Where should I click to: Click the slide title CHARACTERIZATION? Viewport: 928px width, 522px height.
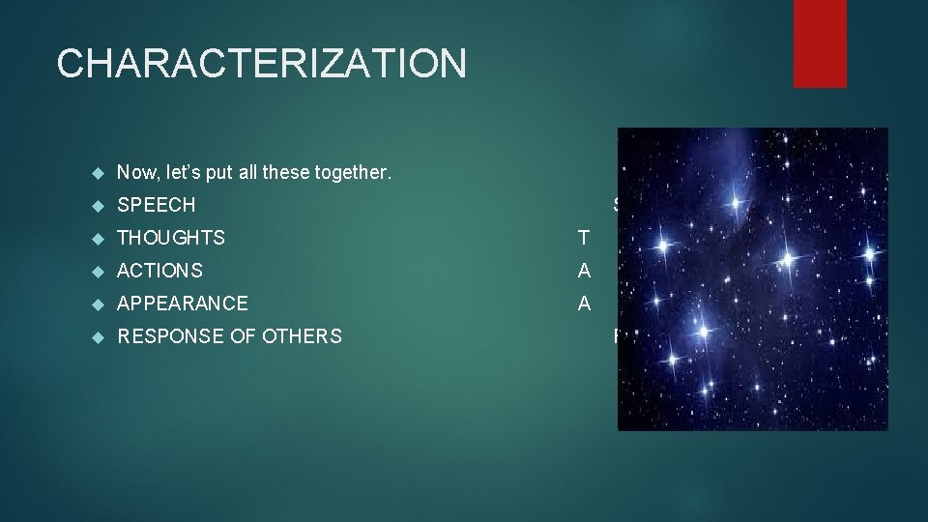[x=261, y=64]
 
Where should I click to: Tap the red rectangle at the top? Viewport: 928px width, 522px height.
[x=820, y=43]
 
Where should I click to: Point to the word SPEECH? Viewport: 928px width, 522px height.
[x=156, y=205]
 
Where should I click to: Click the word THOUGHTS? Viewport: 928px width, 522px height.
[x=171, y=238]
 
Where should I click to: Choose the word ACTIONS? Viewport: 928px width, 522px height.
[x=159, y=271]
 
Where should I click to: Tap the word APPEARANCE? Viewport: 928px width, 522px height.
[x=183, y=304]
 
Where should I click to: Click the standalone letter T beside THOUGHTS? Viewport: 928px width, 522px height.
[x=583, y=238]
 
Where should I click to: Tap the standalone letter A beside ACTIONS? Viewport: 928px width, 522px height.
[x=584, y=271]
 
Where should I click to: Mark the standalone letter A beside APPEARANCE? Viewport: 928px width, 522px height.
[x=584, y=304]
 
